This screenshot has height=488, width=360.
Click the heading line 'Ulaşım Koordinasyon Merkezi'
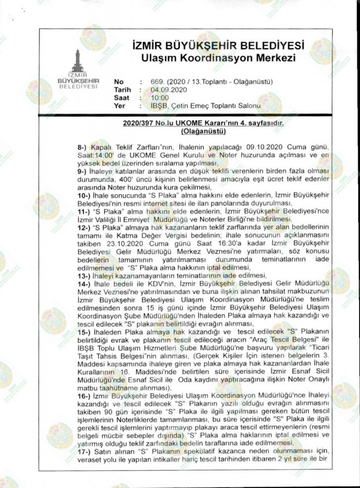(x=215, y=58)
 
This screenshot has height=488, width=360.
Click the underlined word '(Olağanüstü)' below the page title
(x=203, y=131)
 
